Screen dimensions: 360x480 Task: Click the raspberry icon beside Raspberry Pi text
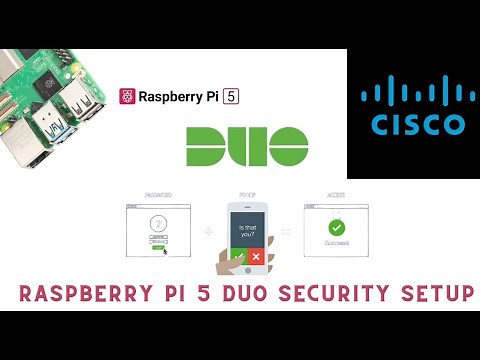coord(127,96)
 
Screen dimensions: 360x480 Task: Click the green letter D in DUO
coord(206,146)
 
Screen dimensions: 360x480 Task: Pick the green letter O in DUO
coord(297,146)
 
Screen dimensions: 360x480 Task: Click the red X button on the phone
coord(256,256)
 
